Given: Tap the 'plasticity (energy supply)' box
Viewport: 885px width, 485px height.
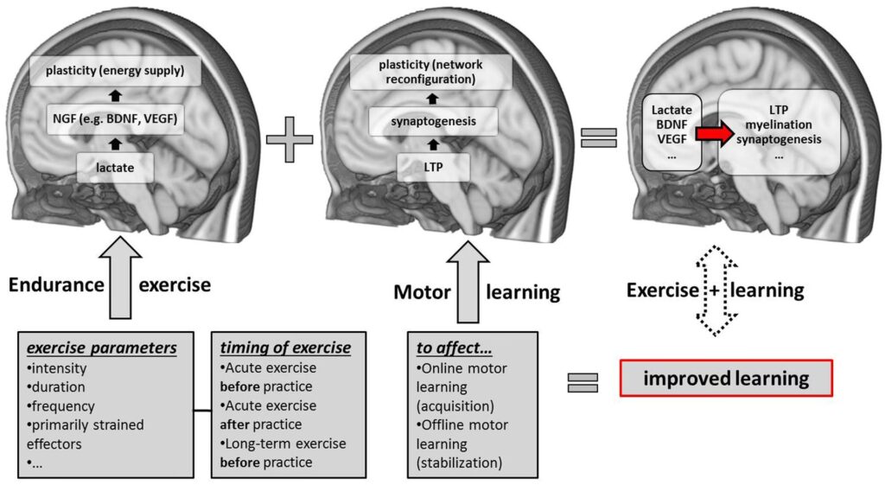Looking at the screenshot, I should tap(116, 70).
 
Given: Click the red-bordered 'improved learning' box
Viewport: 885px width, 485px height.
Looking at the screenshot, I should tap(726, 379).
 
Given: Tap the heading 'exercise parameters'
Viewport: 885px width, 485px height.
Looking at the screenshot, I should tap(102, 348).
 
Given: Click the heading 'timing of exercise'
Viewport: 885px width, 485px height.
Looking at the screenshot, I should tap(285, 348).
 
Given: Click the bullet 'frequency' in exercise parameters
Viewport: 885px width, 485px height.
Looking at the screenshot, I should tap(63, 405).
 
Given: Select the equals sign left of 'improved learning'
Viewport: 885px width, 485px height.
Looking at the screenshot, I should tap(583, 382).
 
